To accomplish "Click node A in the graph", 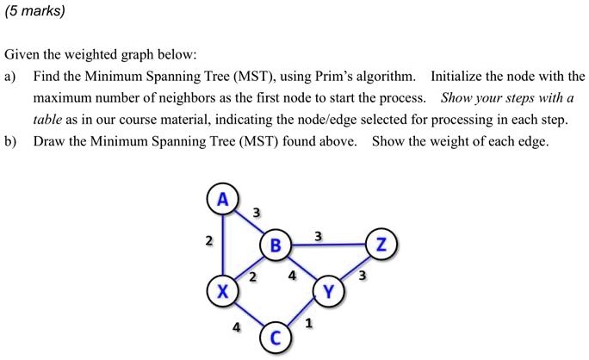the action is click(223, 199).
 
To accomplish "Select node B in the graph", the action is click(276, 245).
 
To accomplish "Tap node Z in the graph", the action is click(381, 245).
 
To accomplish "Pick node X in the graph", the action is click(223, 291).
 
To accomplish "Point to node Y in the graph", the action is click(329, 291).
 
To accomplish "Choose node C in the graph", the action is click(276, 338).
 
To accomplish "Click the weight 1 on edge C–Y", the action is click(309, 323).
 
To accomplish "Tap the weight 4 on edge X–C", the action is click(236, 327).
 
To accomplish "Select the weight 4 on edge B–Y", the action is click(292, 276).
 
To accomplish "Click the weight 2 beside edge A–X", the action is click(209, 240).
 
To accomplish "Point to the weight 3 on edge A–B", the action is click(257, 213).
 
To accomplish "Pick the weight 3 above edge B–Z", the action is click(318, 236).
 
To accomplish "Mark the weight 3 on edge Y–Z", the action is click(362, 276).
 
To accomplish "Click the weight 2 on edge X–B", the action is click(253, 277).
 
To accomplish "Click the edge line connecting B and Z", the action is click(329, 245).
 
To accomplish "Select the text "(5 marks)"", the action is click(35, 11).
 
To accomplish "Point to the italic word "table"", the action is click(47, 120).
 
